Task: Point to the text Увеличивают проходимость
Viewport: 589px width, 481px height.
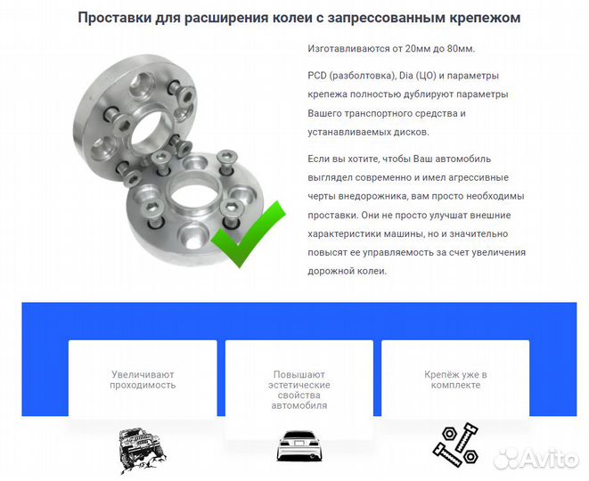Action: [x=143, y=380]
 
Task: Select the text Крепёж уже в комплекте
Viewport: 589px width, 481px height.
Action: [x=455, y=380]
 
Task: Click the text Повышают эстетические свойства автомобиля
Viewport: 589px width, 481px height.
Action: [x=299, y=390]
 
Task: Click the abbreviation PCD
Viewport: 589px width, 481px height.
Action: [x=319, y=75]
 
